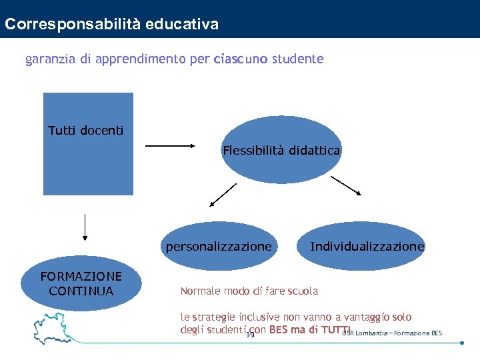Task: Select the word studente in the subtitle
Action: [298, 59]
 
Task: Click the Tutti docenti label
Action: [86, 130]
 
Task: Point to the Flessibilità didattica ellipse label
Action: [281, 151]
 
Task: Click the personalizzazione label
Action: [219, 247]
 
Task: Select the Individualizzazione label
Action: [367, 247]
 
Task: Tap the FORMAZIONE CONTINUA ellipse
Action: [81, 283]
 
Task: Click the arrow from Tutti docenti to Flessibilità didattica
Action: [169, 145]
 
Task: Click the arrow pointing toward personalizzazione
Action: [223, 195]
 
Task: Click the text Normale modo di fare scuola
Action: [249, 291]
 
